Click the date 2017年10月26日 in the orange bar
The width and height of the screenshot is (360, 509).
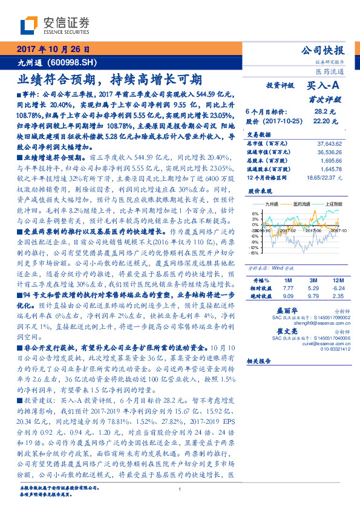pos(50,50)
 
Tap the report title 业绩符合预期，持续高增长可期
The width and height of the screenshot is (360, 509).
pos(109,79)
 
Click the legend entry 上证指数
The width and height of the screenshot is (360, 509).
pos(333,206)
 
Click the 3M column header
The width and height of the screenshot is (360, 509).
pos(313,280)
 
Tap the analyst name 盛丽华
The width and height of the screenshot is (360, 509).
pos(277,308)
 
